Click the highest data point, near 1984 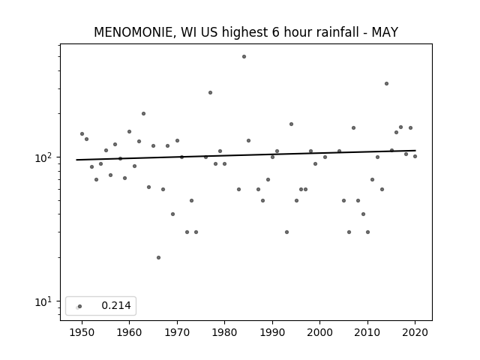[x=244, y=57]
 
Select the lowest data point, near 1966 [x=158, y=258]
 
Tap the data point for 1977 [x=210, y=93]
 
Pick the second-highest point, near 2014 [x=387, y=84]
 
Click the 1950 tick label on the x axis [x=82, y=332]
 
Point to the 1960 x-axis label [x=129, y=332]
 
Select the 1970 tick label [x=177, y=332]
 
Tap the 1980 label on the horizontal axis [x=224, y=332]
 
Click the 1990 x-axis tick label [x=272, y=332]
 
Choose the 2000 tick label [x=319, y=332]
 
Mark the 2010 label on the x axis [x=367, y=332]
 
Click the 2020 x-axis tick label [x=415, y=332]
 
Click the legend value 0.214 [x=116, y=305]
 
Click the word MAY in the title [x=385, y=32]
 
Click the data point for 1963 [x=143, y=114]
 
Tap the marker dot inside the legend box [x=80, y=307]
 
